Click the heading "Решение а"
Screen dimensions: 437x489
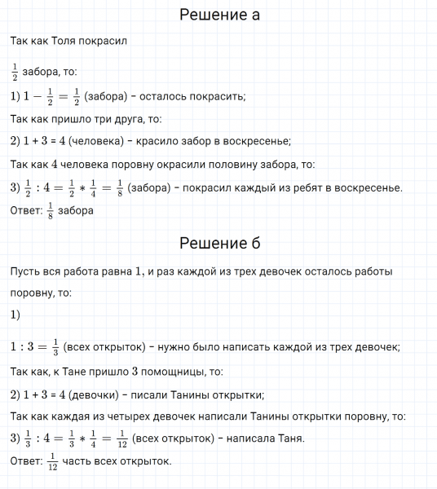pyautogui.click(x=218, y=15)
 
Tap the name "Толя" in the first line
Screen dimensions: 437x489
pyautogui.click(x=71, y=41)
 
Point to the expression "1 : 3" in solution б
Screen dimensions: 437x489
pyautogui.click(x=28, y=346)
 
